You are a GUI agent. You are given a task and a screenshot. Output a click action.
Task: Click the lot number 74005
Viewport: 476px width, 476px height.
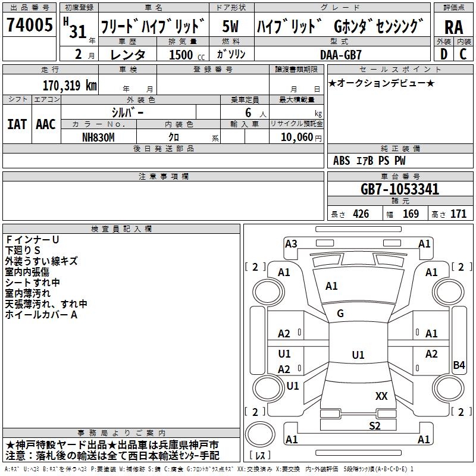click(x=29, y=24)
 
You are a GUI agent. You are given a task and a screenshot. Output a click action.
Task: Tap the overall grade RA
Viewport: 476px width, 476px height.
click(x=453, y=27)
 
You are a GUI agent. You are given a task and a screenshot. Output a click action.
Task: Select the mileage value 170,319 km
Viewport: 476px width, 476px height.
click(x=70, y=86)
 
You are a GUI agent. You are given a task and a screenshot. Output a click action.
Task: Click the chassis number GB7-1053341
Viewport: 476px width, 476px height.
click(x=400, y=189)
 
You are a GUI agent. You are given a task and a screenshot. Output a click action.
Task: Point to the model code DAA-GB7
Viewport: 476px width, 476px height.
click(x=340, y=55)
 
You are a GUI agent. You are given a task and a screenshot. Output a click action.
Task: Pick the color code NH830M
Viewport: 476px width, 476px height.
click(x=98, y=137)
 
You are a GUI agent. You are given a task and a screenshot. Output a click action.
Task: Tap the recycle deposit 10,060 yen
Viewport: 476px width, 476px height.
click(x=301, y=137)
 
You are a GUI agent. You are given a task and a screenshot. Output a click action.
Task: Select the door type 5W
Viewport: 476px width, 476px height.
click(x=230, y=26)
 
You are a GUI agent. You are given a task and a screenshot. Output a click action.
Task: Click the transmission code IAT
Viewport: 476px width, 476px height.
click(x=17, y=124)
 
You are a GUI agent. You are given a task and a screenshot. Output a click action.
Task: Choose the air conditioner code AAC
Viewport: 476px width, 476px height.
click(x=46, y=124)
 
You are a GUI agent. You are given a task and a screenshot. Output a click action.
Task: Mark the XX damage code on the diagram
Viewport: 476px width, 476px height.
click(x=381, y=396)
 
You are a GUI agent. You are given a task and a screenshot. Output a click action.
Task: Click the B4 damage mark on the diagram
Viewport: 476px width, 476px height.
click(x=459, y=365)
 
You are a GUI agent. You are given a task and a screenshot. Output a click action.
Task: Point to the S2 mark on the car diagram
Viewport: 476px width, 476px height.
click(x=375, y=425)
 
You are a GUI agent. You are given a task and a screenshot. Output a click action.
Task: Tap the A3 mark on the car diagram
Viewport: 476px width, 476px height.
click(x=291, y=244)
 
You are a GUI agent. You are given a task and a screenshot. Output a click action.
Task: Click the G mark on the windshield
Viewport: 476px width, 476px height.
click(x=340, y=314)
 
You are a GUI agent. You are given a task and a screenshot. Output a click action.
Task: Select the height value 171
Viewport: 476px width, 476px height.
click(x=458, y=214)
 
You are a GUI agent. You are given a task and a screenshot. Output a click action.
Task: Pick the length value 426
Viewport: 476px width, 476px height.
click(x=361, y=214)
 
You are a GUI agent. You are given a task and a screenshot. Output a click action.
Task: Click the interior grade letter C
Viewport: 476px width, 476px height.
click(x=463, y=54)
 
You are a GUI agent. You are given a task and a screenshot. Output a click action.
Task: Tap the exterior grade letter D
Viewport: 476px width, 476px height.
click(x=444, y=54)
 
